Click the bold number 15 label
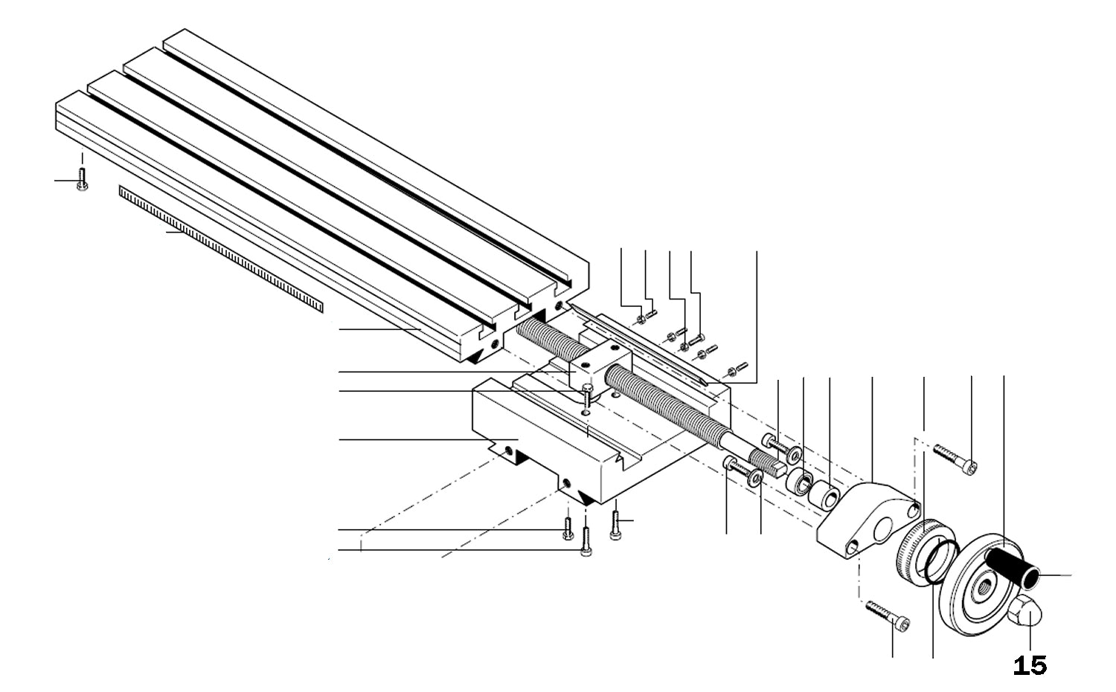coord(1030,665)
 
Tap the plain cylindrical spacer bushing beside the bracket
coord(824,497)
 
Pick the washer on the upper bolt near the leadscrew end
coord(795,453)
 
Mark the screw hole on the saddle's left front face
coord(508,449)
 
